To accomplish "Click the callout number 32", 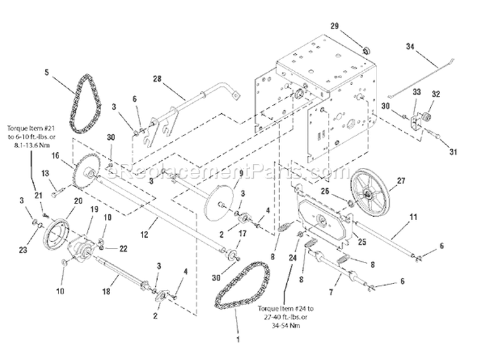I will (x=437, y=93).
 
